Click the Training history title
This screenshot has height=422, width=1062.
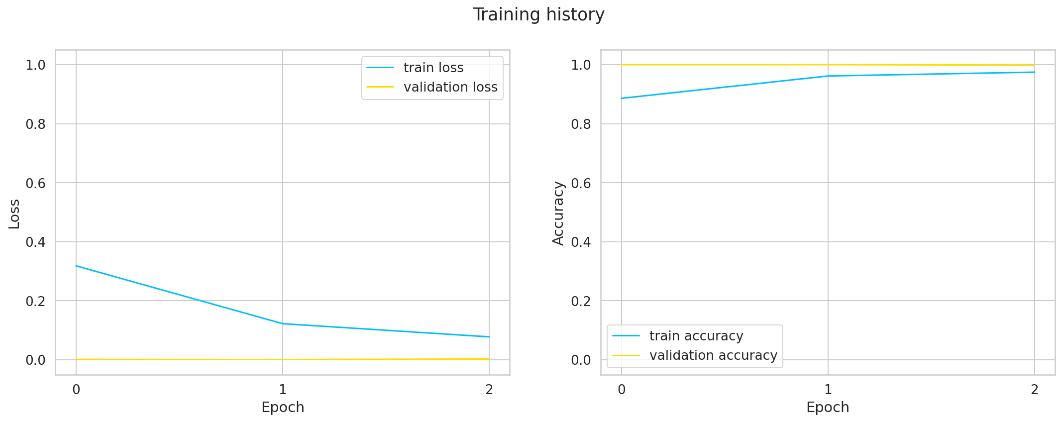(538, 15)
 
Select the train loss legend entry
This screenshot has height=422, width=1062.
(433, 68)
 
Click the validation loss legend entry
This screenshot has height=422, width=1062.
(450, 87)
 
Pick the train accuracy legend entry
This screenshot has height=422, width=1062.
(696, 336)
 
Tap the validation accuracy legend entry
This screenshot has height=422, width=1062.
(713, 355)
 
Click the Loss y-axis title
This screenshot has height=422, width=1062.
(14, 214)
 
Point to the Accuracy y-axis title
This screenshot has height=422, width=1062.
(558, 213)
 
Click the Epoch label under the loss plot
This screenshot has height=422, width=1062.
(283, 407)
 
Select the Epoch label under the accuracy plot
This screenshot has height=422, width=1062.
(828, 407)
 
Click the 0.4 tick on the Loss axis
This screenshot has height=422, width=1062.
(35, 242)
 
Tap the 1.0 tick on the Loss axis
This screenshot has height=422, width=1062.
(35, 65)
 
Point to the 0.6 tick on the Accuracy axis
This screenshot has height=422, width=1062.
(581, 183)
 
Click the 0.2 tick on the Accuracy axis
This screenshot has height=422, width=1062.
(581, 301)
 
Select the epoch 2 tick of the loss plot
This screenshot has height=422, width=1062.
(489, 389)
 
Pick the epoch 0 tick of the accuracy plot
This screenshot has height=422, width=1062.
(622, 389)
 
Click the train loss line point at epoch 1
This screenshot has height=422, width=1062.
(283, 323)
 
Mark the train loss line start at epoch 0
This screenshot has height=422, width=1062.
(76, 266)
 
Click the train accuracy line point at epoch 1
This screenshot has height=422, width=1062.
(828, 76)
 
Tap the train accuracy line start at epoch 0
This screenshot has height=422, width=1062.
(622, 98)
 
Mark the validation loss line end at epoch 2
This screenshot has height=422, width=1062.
(489, 359)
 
